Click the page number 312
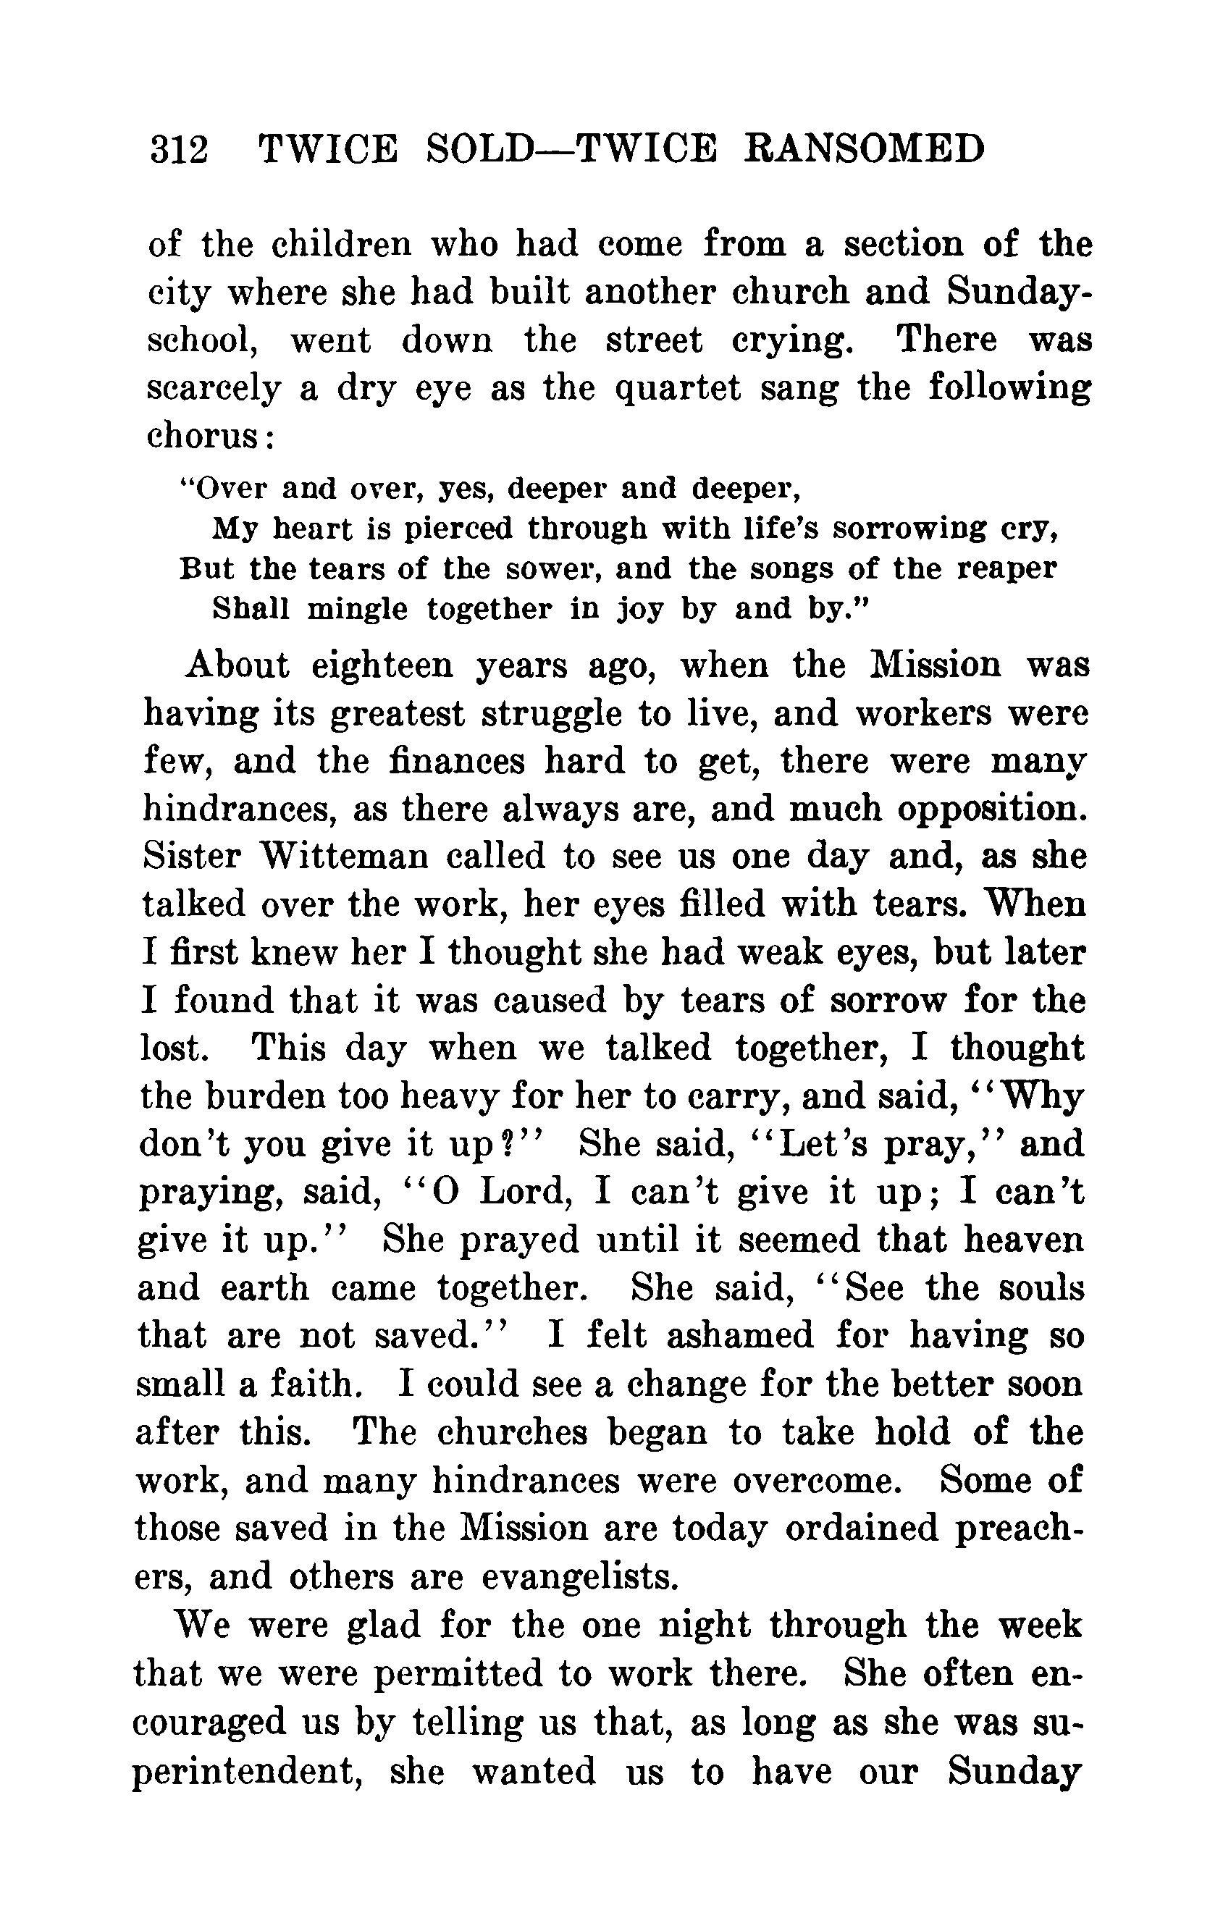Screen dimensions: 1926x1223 pos(179,150)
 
